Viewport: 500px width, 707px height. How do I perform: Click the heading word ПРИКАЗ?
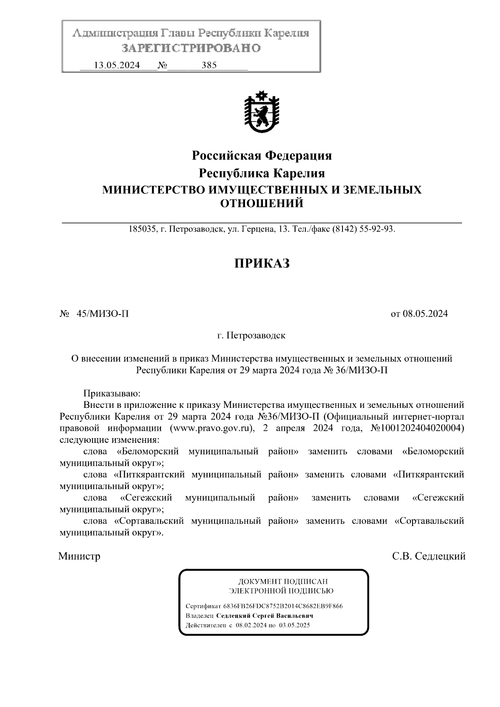coord(262,263)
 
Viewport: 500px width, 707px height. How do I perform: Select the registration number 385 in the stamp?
coord(209,65)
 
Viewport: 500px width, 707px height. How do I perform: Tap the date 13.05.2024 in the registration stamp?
coord(117,65)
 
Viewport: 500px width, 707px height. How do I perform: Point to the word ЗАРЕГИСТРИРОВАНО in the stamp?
coord(191,48)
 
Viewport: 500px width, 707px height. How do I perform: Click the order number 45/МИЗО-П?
coord(102,314)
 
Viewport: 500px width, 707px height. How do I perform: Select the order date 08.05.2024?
coord(425,314)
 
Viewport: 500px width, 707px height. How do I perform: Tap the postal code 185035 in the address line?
coord(142,229)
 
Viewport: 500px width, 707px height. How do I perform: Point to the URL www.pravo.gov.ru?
coord(212,428)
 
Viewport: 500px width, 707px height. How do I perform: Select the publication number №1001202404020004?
coord(417,428)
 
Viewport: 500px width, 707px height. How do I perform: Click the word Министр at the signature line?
coord(80,556)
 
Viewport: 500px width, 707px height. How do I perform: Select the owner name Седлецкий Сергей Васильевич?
coord(265,616)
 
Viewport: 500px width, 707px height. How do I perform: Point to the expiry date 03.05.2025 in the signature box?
coord(295,625)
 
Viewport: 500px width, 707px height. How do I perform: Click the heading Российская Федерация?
coord(262,156)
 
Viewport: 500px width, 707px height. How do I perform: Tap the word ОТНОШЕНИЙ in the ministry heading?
coord(262,204)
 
